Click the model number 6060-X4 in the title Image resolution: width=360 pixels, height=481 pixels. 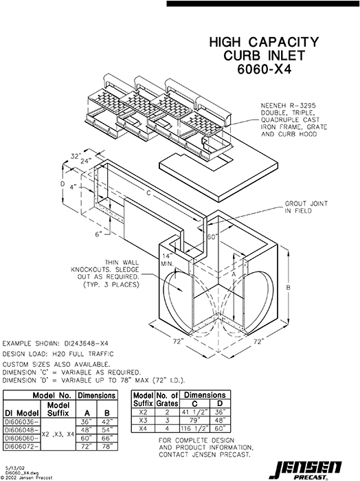263,69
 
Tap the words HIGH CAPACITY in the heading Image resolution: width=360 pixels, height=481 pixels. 263,43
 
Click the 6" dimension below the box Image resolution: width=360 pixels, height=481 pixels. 98,234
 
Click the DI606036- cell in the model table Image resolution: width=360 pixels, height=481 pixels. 21,422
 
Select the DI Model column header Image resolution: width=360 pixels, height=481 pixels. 21,412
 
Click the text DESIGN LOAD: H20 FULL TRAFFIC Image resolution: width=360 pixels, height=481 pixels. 56,353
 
